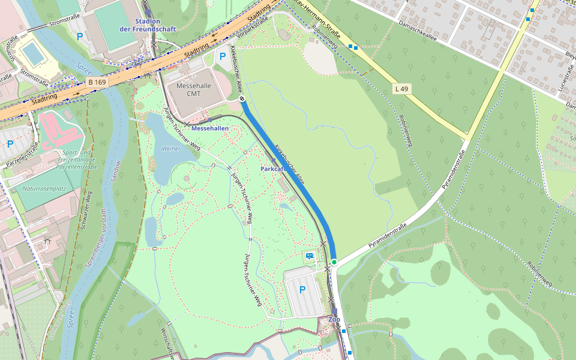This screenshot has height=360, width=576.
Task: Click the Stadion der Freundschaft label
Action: (139, 25)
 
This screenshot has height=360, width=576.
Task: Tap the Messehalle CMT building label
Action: (194, 89)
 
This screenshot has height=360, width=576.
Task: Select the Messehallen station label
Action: (210, 128)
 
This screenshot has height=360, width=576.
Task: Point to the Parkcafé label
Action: (273, 169)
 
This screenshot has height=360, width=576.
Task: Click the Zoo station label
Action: (334, 319)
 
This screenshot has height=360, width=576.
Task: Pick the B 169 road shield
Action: (97, 82)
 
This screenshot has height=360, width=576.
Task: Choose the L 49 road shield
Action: (401, 89)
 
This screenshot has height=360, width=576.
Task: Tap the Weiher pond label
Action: (171, 148)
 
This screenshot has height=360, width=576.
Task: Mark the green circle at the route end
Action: (334, 262)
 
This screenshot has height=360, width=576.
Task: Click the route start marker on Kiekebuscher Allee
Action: (242, 98)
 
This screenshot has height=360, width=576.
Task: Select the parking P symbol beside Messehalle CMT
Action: (223, 57)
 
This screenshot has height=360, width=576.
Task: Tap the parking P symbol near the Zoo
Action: (302, 290)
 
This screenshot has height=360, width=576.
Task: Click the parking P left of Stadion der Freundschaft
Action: (80, 36)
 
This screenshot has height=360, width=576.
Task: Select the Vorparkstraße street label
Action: (253, 26)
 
